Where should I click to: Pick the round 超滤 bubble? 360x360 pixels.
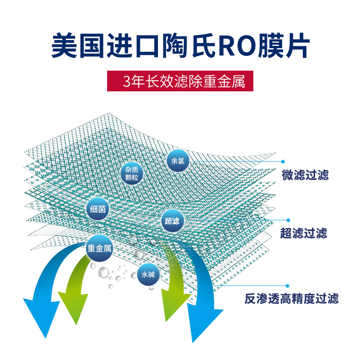[172, 220]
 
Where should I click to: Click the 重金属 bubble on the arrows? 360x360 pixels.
[99, 248]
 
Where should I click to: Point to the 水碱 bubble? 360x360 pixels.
[148, 274]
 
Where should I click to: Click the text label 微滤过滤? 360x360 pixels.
[305, 175]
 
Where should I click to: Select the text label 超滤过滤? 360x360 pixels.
[303, 233]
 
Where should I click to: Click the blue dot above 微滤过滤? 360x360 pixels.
[283, 161]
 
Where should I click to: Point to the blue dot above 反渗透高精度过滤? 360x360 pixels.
[286, 285]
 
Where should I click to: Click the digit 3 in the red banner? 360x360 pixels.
[126, 81]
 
